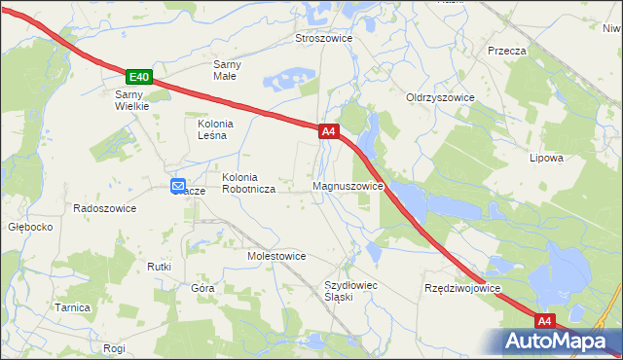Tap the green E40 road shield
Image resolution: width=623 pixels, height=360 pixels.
point(139,77)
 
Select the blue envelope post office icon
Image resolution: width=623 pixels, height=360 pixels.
point(178,186)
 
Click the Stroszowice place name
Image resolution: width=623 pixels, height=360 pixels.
point(323,38)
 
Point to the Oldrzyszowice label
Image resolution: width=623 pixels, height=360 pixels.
point(440,97)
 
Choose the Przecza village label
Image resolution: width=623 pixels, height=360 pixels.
point(507,51)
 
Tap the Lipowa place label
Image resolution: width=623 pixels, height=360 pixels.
point(546,158)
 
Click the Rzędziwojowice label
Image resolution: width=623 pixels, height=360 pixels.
point(462,289)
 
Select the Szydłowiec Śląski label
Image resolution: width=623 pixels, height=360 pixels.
point(350,291)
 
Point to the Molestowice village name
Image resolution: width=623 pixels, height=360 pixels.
point(276,256)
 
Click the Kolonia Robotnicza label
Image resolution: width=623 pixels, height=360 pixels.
point(248,184)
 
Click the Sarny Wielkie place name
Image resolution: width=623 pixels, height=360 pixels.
point(131,100)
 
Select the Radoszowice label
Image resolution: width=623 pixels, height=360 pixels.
point(105,208)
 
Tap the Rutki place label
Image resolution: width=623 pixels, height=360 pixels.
point(159,267)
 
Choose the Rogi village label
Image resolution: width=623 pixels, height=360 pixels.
point(114,347)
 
